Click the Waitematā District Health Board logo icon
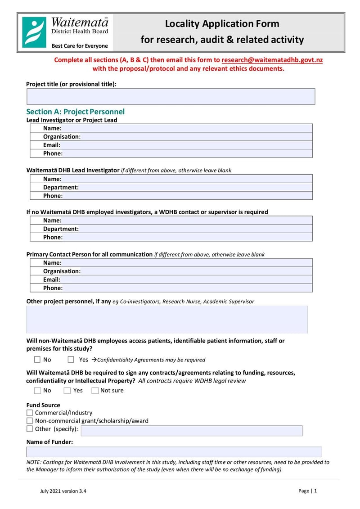click(34, 32)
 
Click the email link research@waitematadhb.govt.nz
click(272, 60)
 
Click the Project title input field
click(171, 96)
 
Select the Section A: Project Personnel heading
click(75, 112)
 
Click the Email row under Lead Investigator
click(171, 145)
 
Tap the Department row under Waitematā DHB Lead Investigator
click(171, 187)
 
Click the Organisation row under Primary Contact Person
click(171, 271)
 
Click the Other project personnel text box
click(167, 320)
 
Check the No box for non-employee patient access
click(37, 360)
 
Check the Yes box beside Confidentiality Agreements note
click(71, 360)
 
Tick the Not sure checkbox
click(95, 391)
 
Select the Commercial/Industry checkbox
click(30, 413)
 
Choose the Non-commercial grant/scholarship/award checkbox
click(30, 421)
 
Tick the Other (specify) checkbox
click(30, 429)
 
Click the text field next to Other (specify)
click(191, 431)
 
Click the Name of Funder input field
click(174, 452)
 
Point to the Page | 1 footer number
click(308, 491)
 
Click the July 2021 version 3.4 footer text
click(63, 491)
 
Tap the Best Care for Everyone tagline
click(80, 46)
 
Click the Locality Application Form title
click(222, 24)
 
